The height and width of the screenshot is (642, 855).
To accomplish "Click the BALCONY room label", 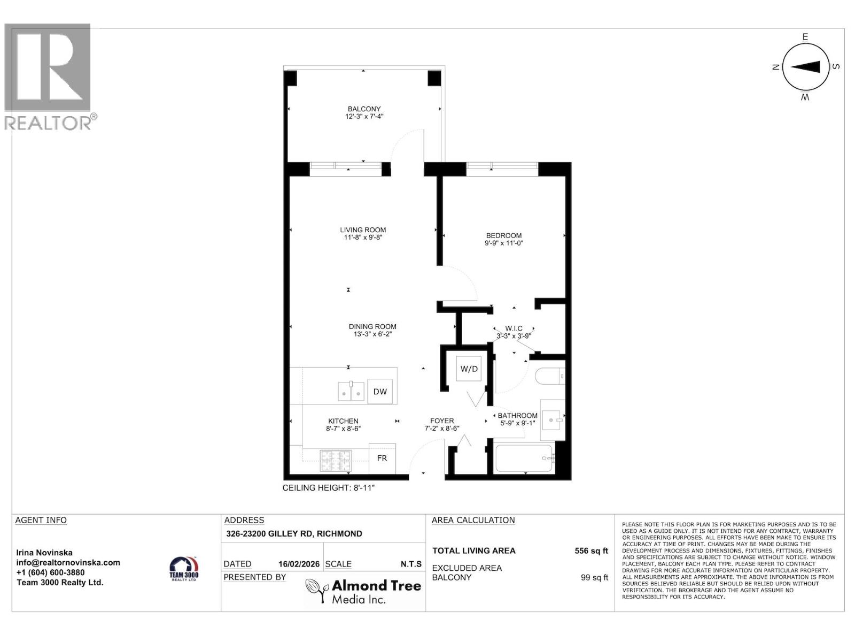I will click(364, 109).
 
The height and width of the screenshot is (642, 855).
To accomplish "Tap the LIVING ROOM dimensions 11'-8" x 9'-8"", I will click(363, 238).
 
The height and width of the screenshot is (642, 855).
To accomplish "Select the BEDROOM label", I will click(503, 235).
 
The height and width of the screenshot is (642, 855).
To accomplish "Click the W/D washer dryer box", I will click(469, 369).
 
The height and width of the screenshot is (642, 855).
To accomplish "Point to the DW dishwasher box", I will click(380, 392).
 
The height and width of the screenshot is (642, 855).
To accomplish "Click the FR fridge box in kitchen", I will click(382, 458).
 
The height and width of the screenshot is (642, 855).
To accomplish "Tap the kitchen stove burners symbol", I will click(336, 461).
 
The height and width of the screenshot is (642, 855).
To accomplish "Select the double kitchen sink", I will click(351, 392).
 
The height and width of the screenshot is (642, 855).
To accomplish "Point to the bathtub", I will click(524, 458).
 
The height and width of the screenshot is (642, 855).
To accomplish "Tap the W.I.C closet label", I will click(514, 328).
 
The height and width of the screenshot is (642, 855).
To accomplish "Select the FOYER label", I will click(442, 421).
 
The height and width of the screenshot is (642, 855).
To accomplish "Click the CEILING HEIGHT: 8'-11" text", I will click(332, 488).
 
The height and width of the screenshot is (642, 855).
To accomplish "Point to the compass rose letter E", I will click(805, 37).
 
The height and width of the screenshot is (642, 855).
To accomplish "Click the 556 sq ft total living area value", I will click(591, 551).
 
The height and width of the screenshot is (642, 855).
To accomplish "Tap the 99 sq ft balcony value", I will click(594, 577).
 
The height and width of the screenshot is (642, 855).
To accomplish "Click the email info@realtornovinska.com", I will click(68, 562).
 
